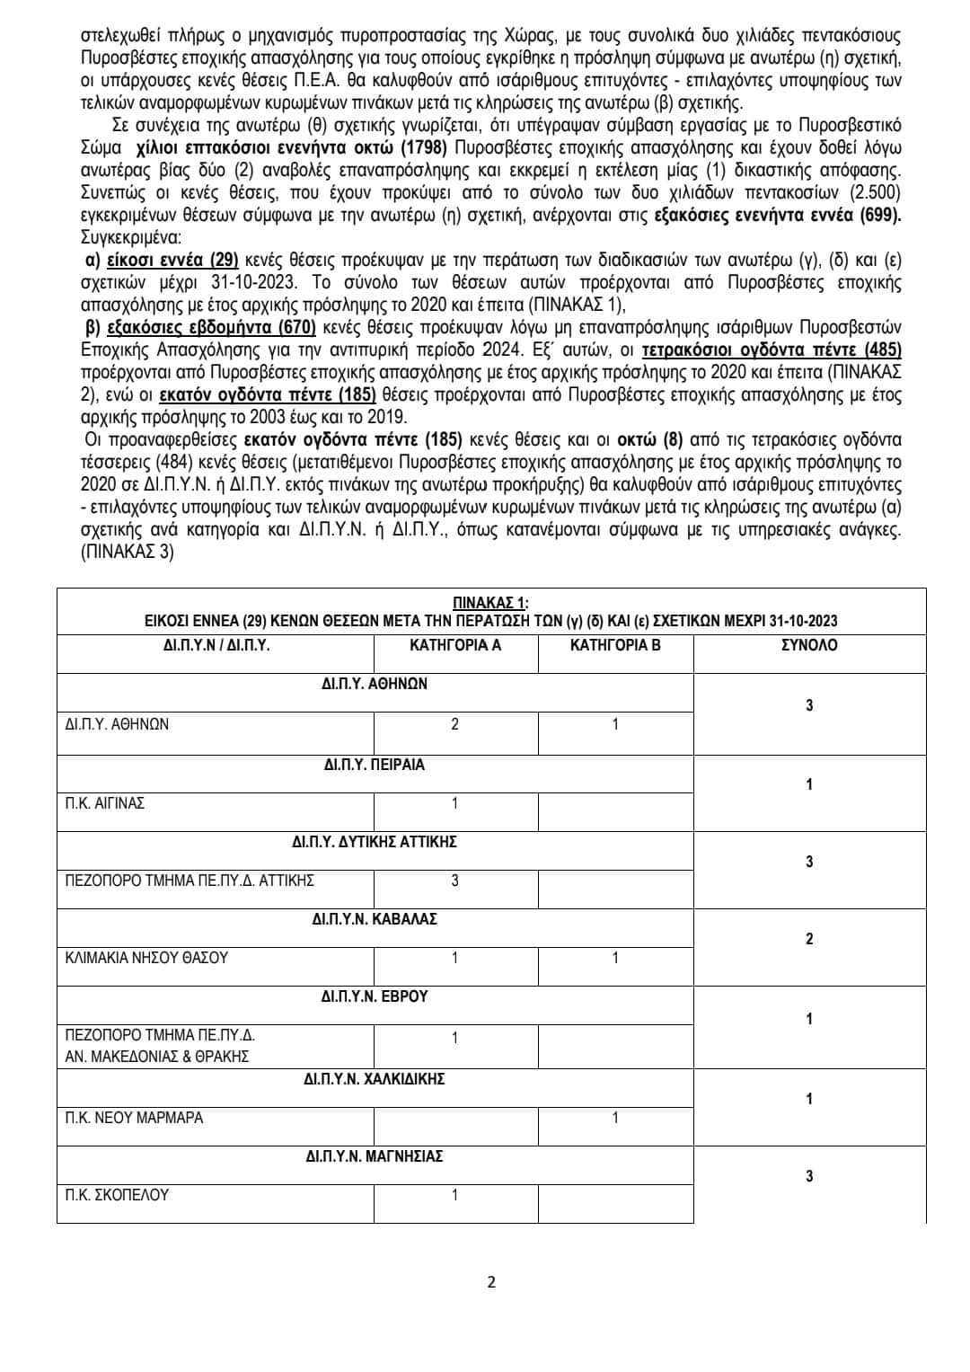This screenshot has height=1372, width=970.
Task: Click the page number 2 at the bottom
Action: pyautogui.click(x=490, y=1282)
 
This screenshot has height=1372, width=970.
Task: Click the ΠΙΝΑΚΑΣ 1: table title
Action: pyautogui.click(x=490, y=602)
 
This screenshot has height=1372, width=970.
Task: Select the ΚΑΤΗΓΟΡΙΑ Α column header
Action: pyautogui.click(x=454, y=645)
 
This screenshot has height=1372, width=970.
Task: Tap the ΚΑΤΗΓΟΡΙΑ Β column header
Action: pyautogui.click(x=615, y=645)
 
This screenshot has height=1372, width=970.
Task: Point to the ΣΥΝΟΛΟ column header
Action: pyautogui.click(x=809, y=645)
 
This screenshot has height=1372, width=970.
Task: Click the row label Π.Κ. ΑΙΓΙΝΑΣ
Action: pyautogui.click(x=105, y=803)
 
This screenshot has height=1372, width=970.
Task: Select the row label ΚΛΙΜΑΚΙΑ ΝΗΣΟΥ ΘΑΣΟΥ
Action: pyautogui.click(x=146, y=958)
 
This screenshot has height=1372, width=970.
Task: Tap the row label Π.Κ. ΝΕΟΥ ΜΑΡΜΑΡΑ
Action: pyautogui.click(x=134, y=1118)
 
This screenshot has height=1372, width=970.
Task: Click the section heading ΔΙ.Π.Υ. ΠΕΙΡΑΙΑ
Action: pyautogui.click(x=375, y=765)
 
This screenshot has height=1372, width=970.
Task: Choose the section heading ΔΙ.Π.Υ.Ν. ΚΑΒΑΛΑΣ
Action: pyautogui.click(x=375, y=919)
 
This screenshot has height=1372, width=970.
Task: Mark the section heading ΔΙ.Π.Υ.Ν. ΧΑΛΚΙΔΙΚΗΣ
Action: pyautogui.click(x=375, y=1078)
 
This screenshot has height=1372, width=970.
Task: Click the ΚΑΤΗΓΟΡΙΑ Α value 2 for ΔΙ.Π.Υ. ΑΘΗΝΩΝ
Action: pyautogui.click(x=454, y=724)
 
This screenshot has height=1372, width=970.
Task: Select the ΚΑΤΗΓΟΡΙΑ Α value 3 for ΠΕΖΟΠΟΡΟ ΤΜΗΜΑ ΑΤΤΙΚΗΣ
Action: pyautogui.click(x=454, y=881)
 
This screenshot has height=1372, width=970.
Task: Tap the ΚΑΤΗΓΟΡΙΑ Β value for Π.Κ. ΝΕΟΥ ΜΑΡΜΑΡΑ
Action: pyautogui.click(x=615, y=1118)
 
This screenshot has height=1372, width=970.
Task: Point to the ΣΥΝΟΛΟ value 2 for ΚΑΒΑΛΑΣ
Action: pyautogui.click(x=809, y=939)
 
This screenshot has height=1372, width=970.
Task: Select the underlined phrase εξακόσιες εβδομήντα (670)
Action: pyautogui.click(x=210, y=327)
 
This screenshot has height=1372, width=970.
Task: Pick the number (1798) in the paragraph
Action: pyautogui.click(x=423, y=148)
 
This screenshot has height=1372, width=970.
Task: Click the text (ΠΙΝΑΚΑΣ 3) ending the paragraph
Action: pyautogui.click(x=127, y=552)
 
